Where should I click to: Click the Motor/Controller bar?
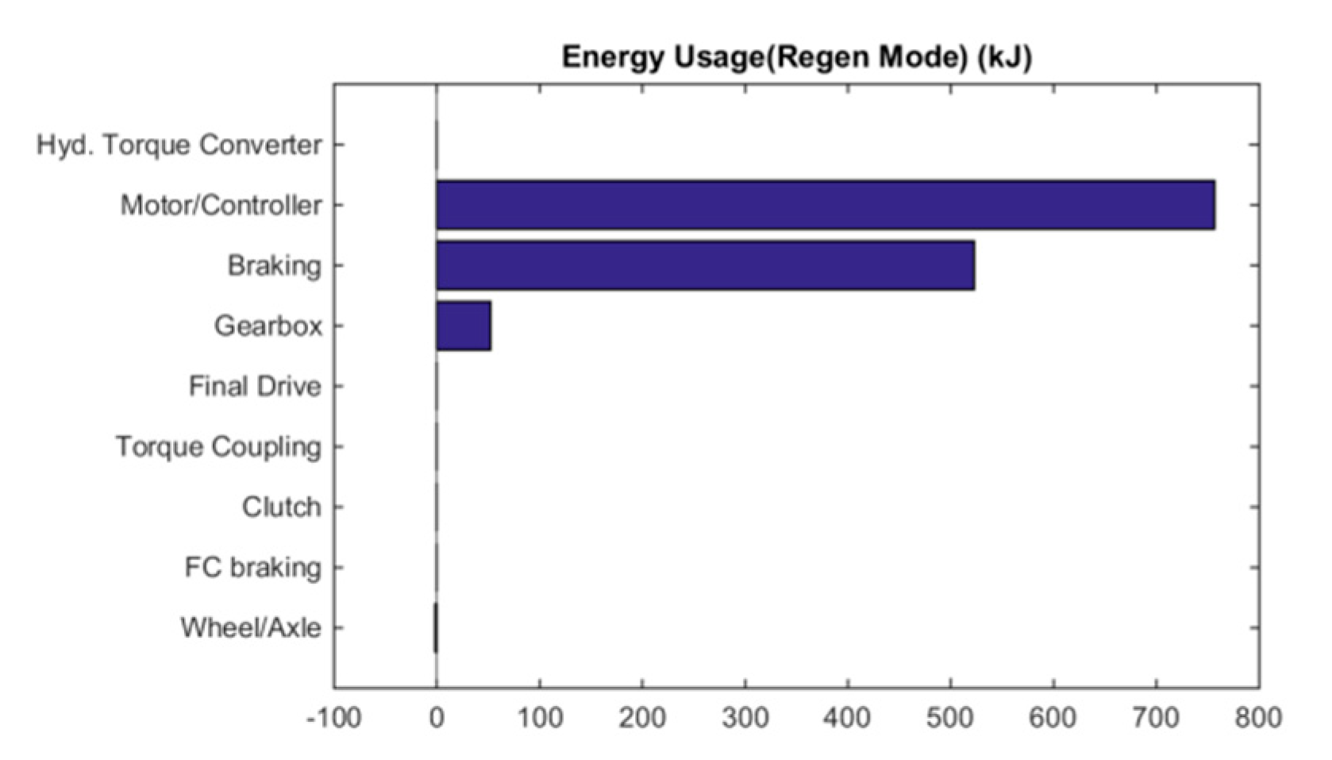click(826, 205)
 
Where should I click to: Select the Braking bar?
click(705, 265)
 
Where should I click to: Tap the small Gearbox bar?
click(464, 326)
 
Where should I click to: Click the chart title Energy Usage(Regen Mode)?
click(796, 57)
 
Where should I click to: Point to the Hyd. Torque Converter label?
click(179, 145)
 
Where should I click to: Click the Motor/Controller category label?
click(221, 206)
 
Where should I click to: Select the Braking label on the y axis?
click(275, 265)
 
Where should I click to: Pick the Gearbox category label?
click(268, 326)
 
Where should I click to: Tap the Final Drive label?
click(255, 386)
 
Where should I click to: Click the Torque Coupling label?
click(218, 446)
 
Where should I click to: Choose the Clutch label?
click(281, 507)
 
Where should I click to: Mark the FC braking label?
click(252, 567)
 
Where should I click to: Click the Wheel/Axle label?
click(251, 627)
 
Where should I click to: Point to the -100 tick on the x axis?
click(334, 718)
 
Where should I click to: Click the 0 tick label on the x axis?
click(437, 718)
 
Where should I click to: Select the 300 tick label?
click(745, 718)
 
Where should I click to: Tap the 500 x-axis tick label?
click(950, 718)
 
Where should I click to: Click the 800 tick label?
click(1258, 718)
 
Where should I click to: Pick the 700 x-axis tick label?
click(1156, 718)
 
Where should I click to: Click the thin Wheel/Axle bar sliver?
click(436, 627)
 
